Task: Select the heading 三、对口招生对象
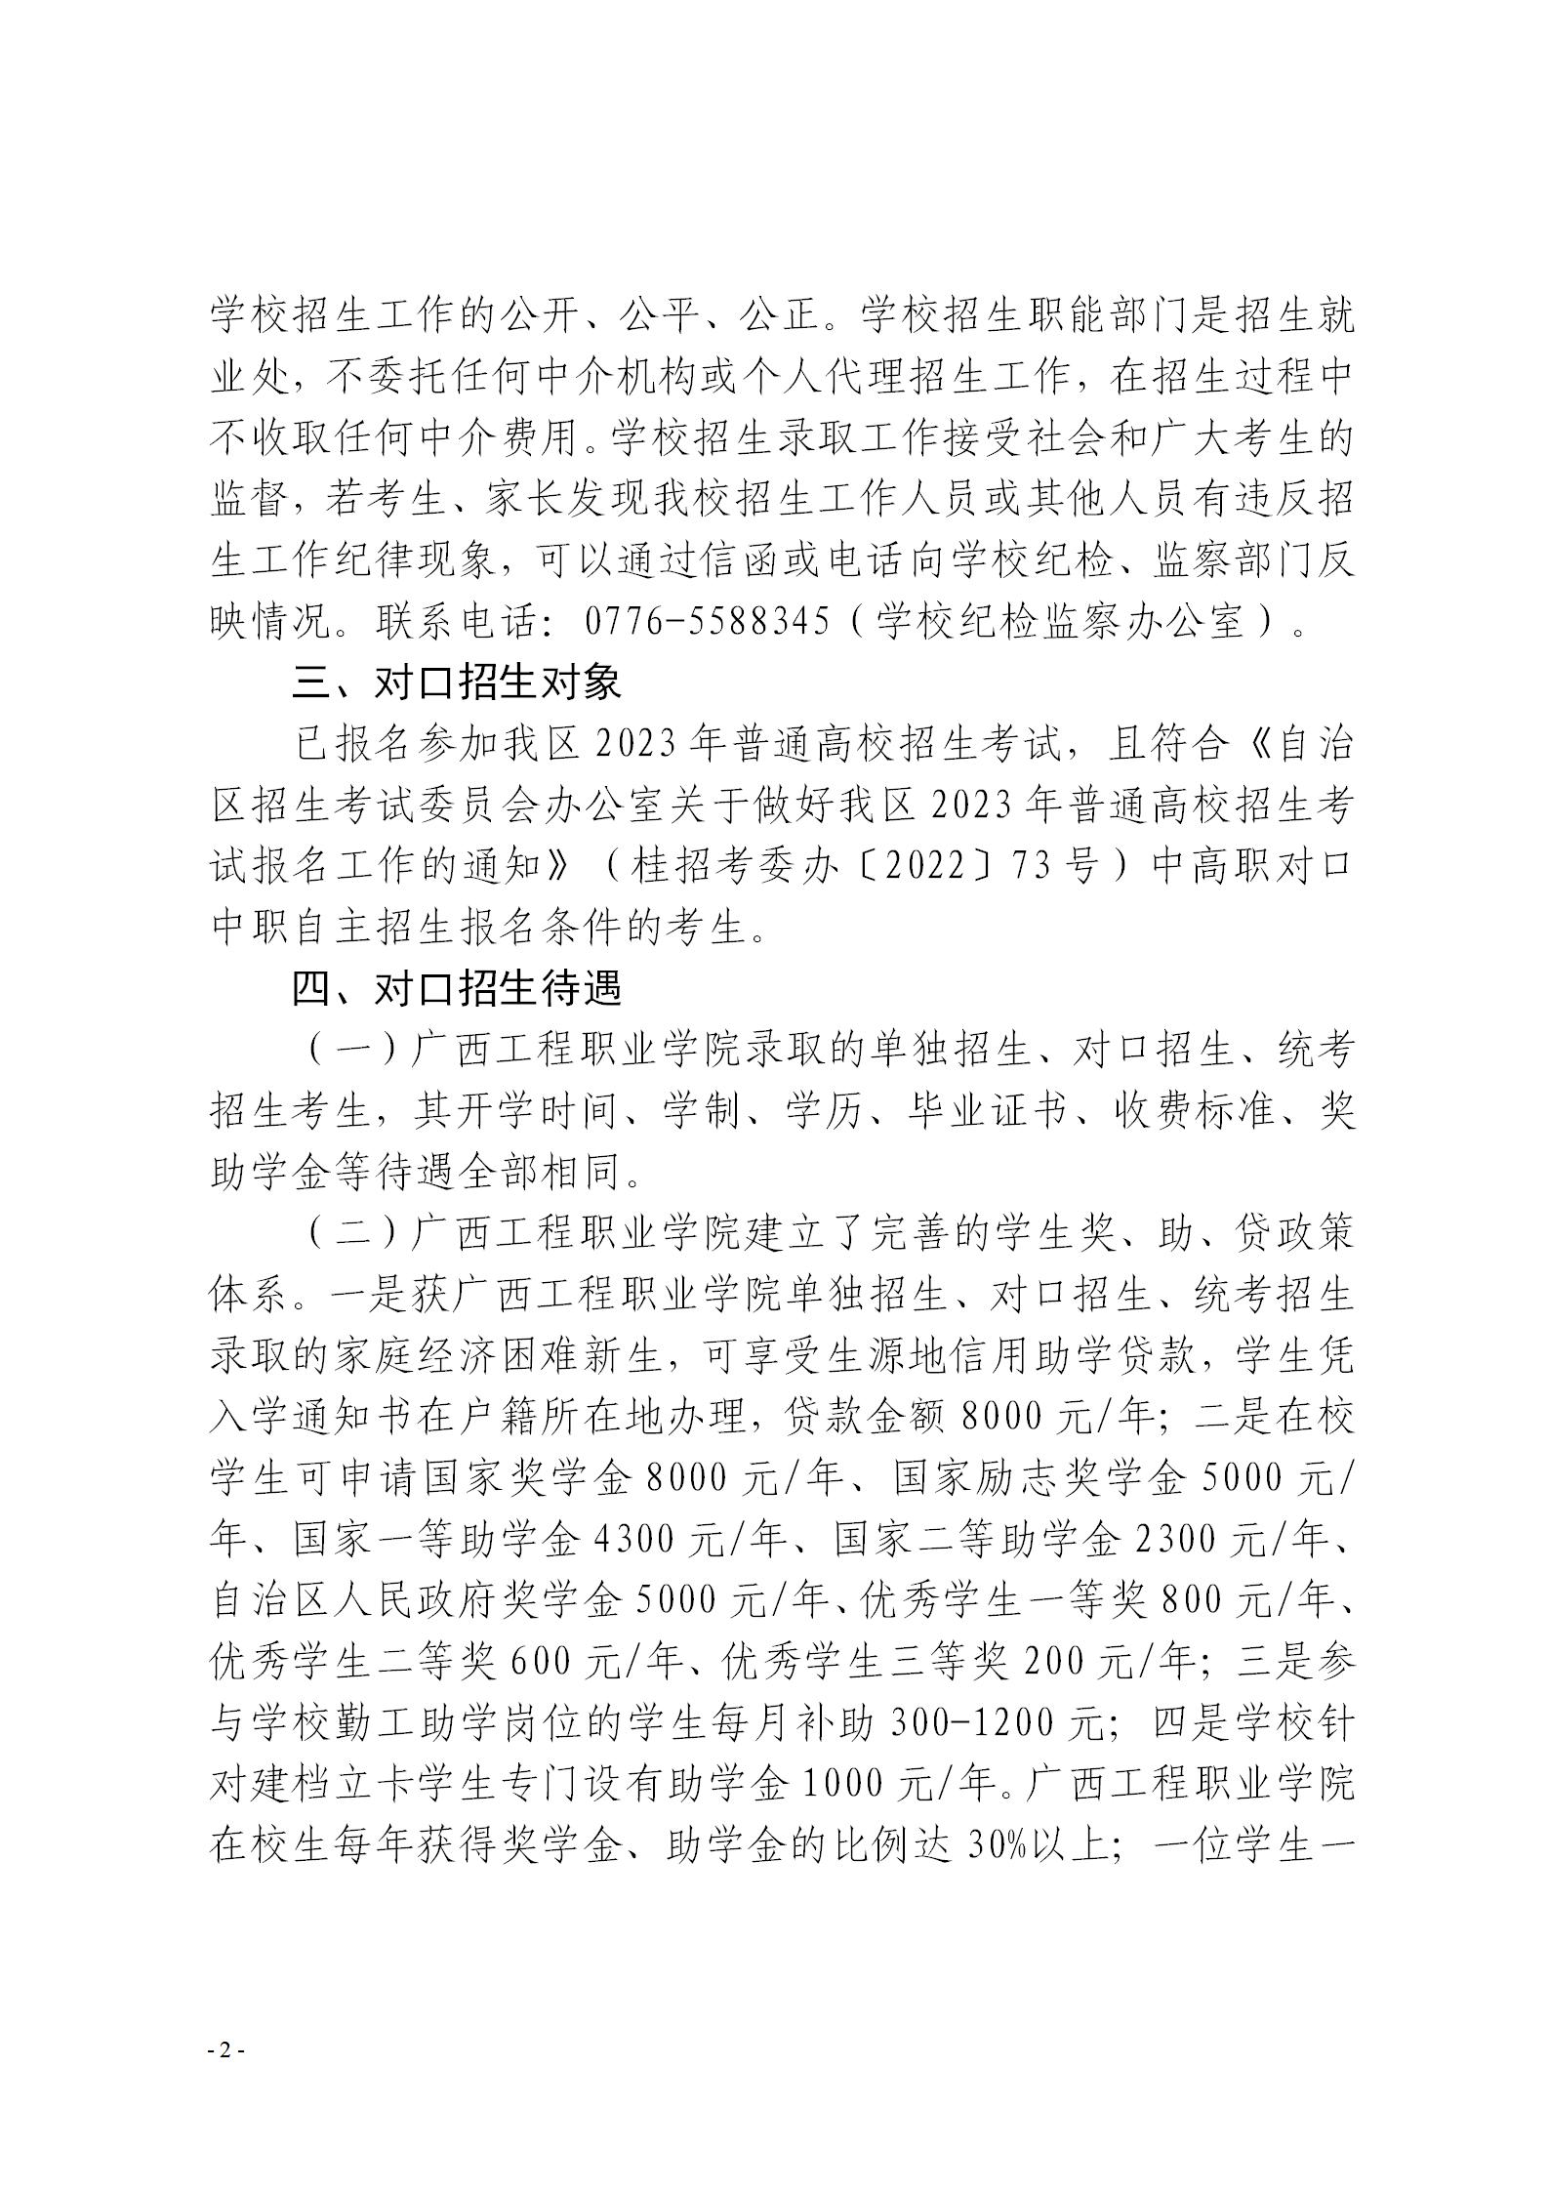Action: pyautogui.click(x=457, y=683)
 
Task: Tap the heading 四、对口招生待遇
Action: pyautogui.click(x=457, y=989)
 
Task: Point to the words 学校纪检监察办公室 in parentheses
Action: pyautogui.click(x=1062, y=623)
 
